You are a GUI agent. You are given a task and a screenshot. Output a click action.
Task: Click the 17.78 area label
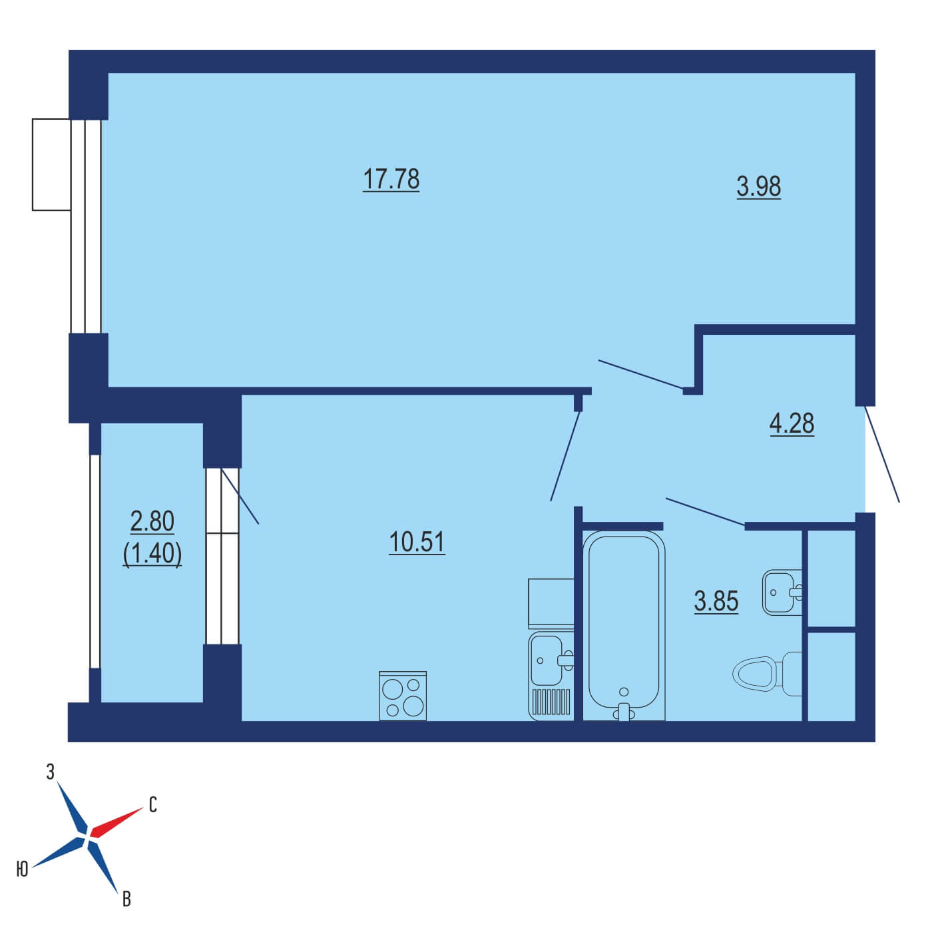click(391, 180)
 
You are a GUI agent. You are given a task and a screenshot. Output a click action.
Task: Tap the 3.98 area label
click(758, 186)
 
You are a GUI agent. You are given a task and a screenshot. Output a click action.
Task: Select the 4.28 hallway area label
click(792, 423)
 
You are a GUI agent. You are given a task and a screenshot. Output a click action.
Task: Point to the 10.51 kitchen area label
click(417, 542)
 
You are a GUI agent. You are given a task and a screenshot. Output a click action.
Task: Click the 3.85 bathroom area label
click(716, 602)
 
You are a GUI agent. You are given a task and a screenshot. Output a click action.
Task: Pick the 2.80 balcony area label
click(152, 522)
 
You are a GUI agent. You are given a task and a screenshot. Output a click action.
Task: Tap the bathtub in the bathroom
click(624, 626)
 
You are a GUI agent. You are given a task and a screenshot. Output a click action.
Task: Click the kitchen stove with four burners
click(403, 696)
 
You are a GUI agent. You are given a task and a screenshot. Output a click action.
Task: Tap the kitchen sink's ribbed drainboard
click(551, 702)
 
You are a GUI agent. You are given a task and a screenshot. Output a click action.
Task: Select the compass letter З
click(51, 772)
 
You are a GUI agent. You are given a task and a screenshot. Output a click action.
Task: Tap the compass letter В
click(126, 899)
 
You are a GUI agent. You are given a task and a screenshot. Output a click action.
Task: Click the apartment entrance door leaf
click(881, 454)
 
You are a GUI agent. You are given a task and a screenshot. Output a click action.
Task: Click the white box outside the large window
click(52, 164)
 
